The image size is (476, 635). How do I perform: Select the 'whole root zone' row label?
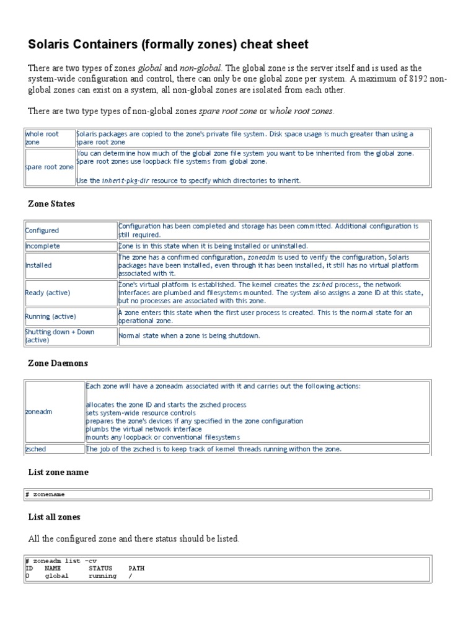tap(42, 138)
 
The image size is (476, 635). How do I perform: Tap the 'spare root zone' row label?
tap(50, 167)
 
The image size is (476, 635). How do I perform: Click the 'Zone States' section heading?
tap(51, 204)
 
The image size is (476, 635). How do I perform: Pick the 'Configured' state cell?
tap(42, 231)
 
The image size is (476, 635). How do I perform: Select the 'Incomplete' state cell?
tap(43, 246)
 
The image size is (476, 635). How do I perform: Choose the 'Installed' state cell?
tap(38, 265)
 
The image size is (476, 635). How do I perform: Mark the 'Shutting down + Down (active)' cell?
tap(59, 336)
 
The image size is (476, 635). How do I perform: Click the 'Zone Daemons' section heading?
tap(58, 363)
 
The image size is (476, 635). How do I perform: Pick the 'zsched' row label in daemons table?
tap(35, 449)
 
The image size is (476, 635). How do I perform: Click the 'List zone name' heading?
tap(58, 473)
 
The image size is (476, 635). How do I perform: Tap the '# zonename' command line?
tap(45, 494)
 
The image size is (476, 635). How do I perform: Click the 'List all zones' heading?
tap(54, 517)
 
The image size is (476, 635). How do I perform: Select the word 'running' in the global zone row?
tap(102, 575)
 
